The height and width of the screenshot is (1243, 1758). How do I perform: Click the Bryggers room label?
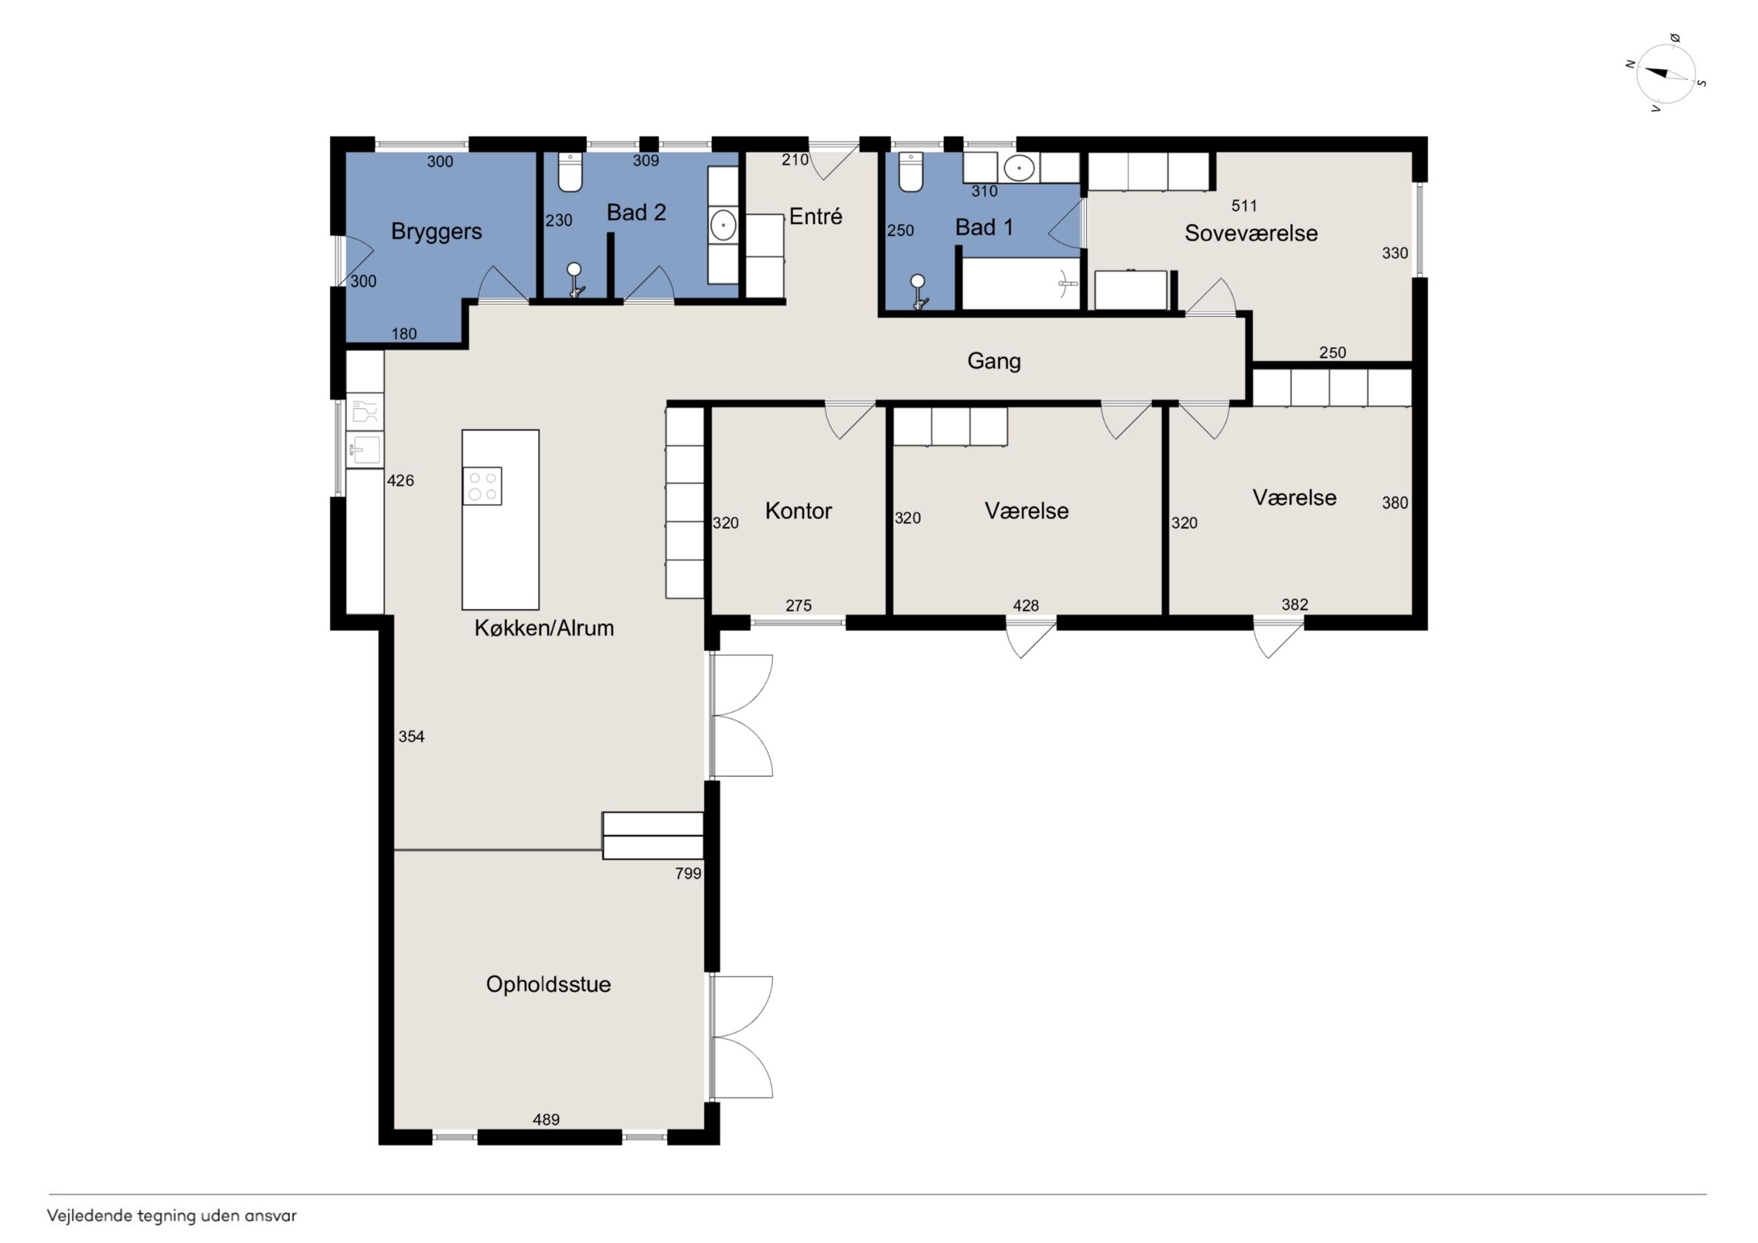(436, 231)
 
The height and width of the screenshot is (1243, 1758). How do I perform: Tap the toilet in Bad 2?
(571, 172)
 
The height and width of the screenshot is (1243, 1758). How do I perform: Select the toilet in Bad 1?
(910, 172)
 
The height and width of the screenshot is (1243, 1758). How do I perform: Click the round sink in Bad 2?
(723, 225)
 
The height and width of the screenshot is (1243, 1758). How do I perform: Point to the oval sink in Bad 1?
(1019, 168)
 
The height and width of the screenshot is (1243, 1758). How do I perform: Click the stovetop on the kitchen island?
(482, 486)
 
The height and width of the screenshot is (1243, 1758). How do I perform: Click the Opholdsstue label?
(548, 984)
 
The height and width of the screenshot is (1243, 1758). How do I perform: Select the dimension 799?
(688, 873)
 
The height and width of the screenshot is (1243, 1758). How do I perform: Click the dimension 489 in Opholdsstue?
(546, 1120)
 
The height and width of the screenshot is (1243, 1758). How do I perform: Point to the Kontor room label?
(799, 511)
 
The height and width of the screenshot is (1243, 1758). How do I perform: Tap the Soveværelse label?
(1251, 233)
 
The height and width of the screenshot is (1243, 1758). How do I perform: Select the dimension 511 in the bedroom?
(1244, 206)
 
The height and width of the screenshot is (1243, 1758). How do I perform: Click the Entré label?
(815, 216)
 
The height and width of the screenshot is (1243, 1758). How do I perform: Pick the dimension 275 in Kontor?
(799, 605)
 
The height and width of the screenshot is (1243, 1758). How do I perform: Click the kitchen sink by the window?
(365, 450)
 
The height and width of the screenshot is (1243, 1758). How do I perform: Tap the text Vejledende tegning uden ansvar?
(172, 1215)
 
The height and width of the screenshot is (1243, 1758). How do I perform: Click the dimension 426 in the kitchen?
(400, 481)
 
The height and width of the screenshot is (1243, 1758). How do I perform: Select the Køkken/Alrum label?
(544, 628)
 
